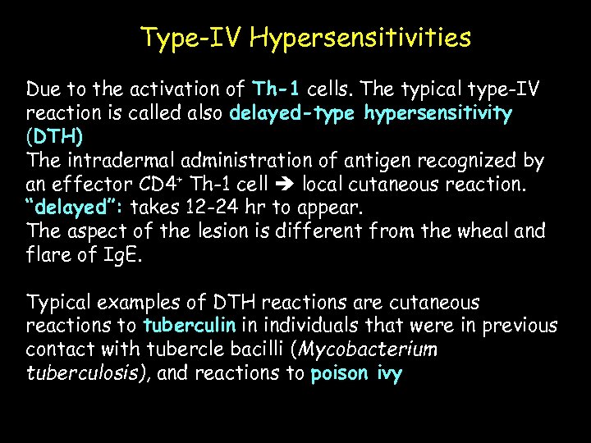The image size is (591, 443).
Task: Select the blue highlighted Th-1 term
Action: pyautogui.click(x=281, y=89)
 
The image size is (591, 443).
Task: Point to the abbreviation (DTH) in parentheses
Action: pyautogui.click(x=54, y=135)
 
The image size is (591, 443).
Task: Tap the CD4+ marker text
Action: pyautogui.click(x=184, y=184)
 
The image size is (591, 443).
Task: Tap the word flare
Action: pyautogui.click(x=48, y=254)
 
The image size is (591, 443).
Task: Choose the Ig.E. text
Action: pyautogui.click(x=124, y=254)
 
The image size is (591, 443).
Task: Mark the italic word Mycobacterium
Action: pyautogui.click(x=368, y=350)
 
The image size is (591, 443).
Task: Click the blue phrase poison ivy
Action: pyautogui.click(x=356, y=373)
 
